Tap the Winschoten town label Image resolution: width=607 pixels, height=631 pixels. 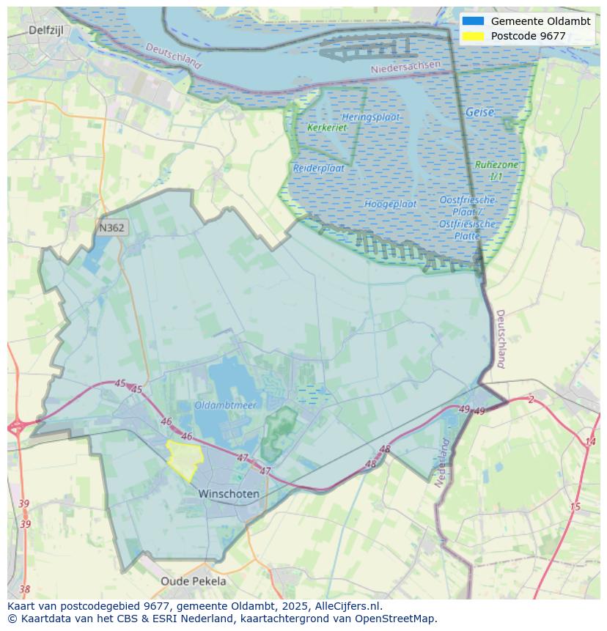[229, 494]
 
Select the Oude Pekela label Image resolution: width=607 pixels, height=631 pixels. [194, 581]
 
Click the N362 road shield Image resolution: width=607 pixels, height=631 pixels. [111, 228]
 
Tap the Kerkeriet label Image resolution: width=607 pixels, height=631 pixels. [327, 128]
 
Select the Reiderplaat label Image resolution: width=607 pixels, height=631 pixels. [318, 168]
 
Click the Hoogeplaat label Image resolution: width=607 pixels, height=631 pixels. [390, 204]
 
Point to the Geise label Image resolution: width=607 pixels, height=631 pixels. [479, 113]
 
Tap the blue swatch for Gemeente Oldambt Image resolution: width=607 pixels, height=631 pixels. [474, 21]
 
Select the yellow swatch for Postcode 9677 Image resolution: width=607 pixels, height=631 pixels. [474, 36]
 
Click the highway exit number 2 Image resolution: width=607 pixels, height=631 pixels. [531, 399]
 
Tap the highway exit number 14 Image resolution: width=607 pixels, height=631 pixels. [590, 441]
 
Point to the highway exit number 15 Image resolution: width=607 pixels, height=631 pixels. [575, 506]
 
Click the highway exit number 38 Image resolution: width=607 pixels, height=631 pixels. [25, 589]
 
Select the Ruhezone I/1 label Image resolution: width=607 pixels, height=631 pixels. [496, 171]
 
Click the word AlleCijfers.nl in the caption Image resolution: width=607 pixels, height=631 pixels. [349, 606]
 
